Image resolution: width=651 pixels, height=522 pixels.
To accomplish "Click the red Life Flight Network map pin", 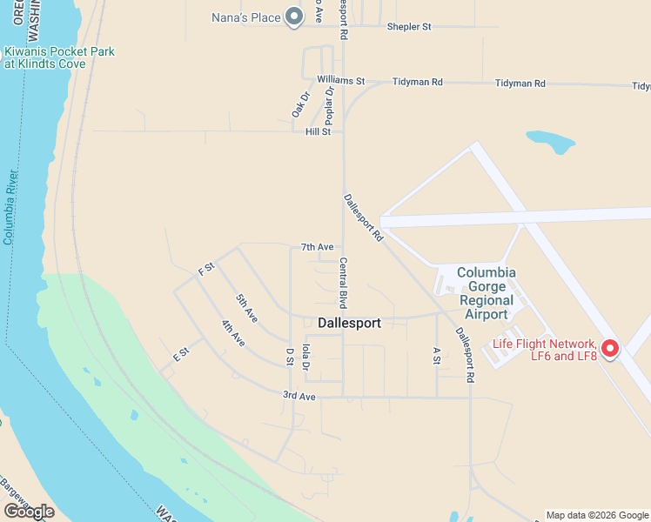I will coord(609,349).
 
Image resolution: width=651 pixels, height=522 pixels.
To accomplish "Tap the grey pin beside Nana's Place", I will coord(294,16).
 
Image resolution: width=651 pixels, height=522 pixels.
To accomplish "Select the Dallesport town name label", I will coord(349,323).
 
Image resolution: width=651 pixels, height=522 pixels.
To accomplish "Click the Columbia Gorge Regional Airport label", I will coord(487,293).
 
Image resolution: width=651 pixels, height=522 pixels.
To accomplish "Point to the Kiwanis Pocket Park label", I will coord(59,57).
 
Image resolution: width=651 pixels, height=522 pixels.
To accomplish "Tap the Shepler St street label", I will coord(409,27).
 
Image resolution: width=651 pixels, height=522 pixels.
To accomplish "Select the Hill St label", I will coord(318,131).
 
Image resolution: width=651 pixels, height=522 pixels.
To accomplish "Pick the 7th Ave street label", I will coord(318,247).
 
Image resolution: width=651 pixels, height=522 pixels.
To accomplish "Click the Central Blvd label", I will coord(343,283).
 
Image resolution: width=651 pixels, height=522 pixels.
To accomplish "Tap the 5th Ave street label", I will coord(246,305).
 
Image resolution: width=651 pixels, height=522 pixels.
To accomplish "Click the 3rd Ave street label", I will coord(298,396).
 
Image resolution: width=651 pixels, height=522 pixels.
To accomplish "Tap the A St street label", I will coord(437,355).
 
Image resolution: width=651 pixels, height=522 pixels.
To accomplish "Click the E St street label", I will coord(181,354).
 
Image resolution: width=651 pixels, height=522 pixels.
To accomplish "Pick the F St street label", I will coord(206,269).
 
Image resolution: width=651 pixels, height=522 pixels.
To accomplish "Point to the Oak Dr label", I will coord(301,105).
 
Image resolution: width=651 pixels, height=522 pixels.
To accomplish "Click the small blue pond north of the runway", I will coord(550,141).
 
